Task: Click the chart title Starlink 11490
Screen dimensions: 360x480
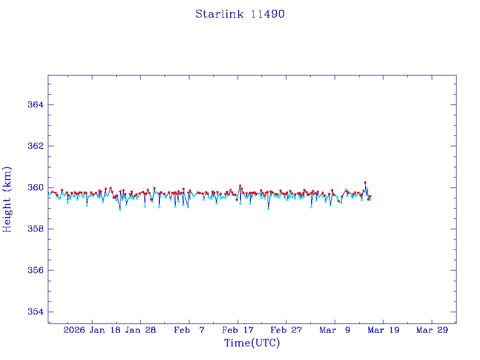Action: (x=240, y=14)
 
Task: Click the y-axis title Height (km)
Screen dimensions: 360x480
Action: (x=7, y=199)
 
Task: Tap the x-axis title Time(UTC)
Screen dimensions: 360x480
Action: (x=252, y=343)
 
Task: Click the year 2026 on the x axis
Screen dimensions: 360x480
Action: (x=74, y=330)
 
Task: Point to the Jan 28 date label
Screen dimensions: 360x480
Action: (x=141, y=330)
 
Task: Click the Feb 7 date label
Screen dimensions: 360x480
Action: (x=189, y=330)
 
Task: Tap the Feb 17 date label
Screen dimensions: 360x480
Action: (x=238, y=330)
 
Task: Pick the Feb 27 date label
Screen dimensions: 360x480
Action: (x=286, y=330)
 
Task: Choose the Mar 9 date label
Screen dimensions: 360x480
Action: (x=335, y=330)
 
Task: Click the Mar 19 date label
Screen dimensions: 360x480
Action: (x=383, y=330)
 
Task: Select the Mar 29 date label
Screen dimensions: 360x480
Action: (x=432, y=330)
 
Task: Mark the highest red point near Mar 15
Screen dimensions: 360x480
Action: (x=365, y=182)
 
